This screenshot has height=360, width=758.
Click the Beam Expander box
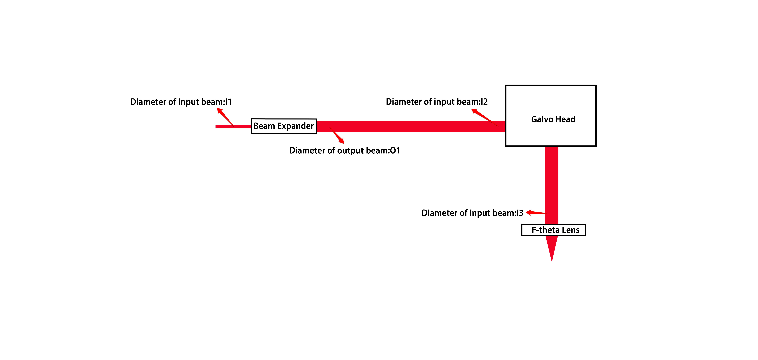pyautogui.click(x=284, y=126)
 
